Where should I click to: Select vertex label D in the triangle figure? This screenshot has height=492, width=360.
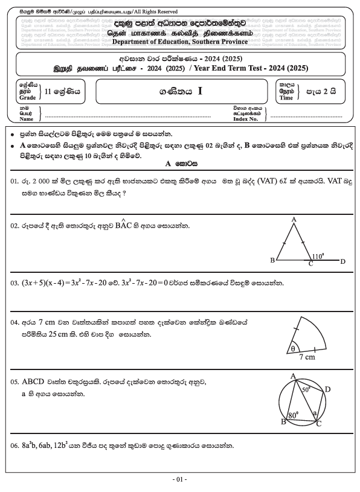pos(342,261)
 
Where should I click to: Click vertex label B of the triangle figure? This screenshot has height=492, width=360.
pos(272,261)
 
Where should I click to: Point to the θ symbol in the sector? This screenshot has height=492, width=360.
pos(295,348)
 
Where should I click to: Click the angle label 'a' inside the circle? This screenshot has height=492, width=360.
pos(313,413)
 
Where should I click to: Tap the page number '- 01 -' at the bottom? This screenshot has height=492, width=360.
pos(179,479)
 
